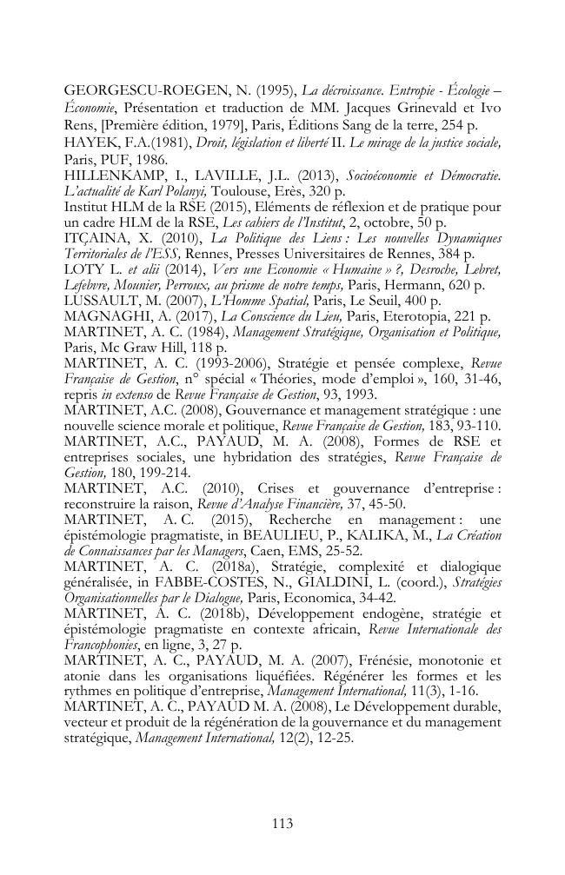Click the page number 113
pos(282,823)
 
